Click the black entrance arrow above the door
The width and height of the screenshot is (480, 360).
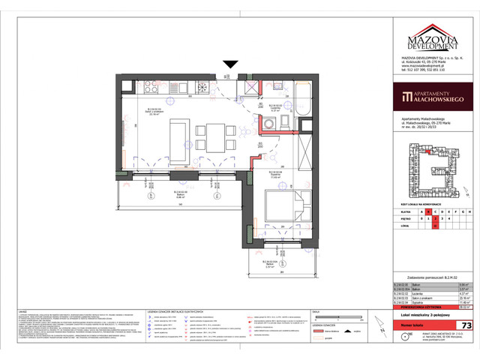229,66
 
